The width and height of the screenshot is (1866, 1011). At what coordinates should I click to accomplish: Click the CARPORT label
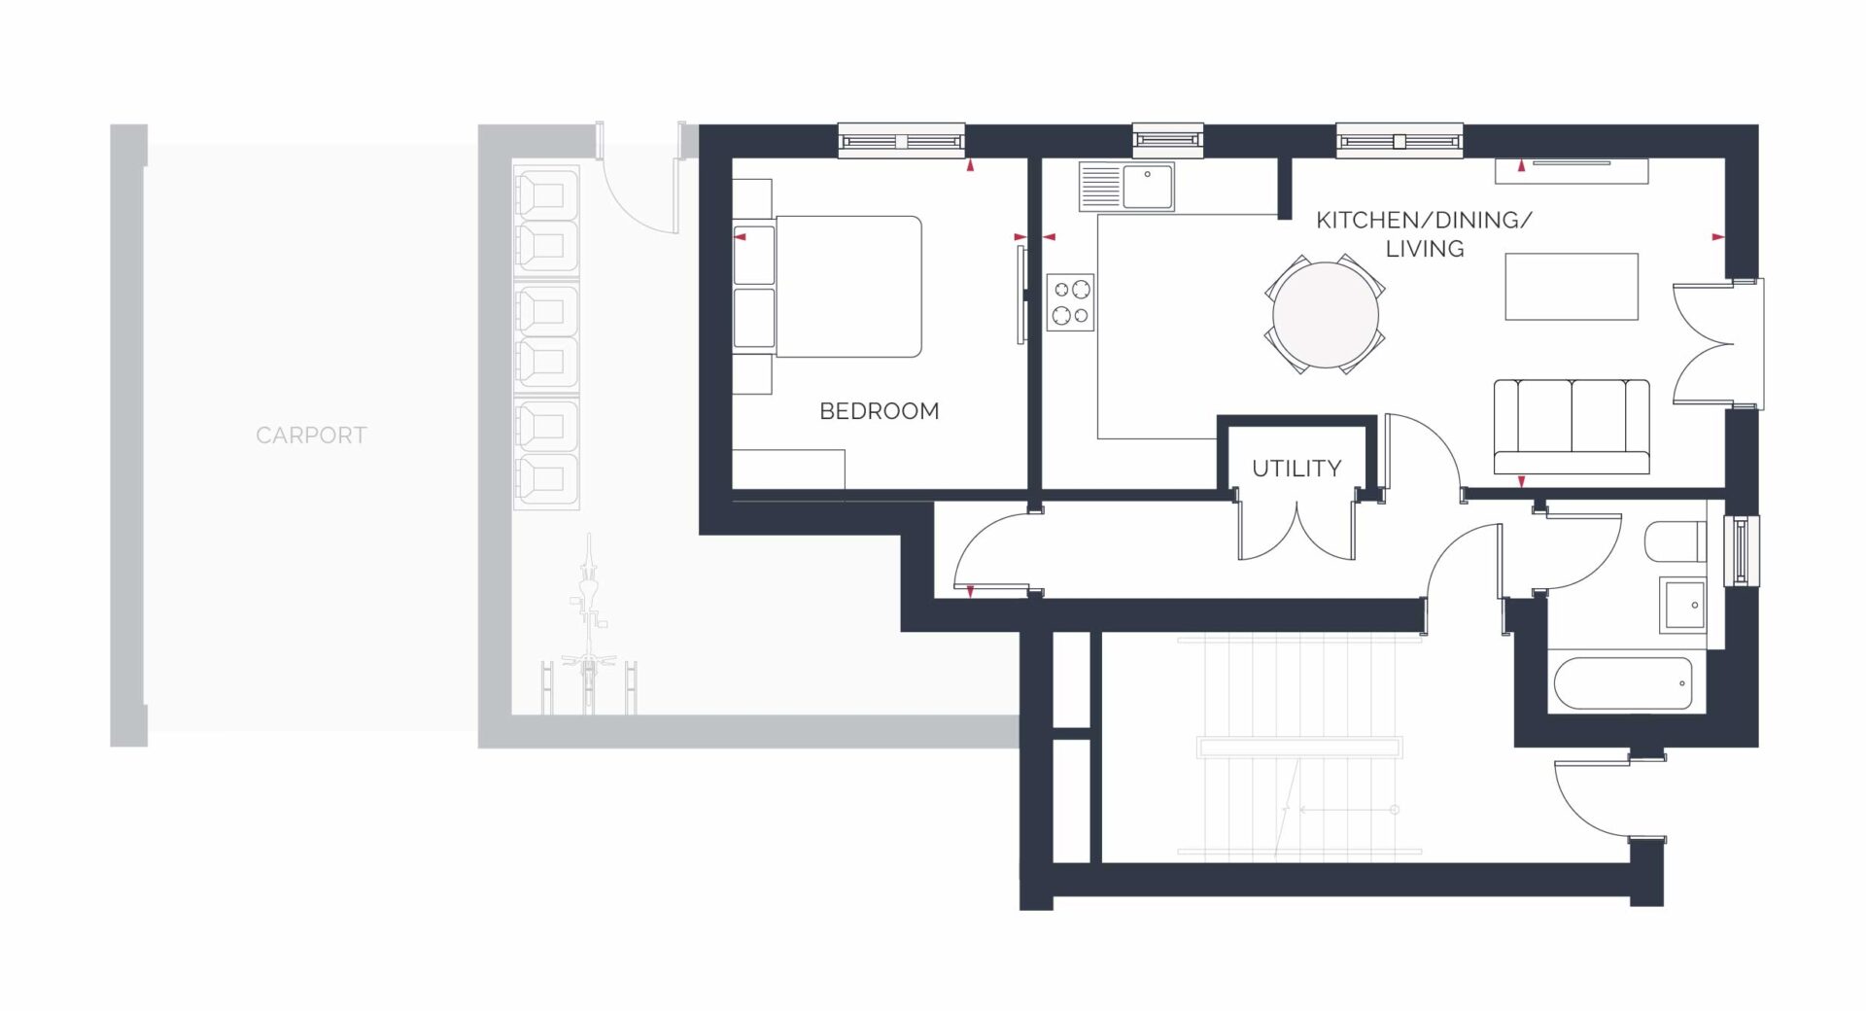pos(311,436)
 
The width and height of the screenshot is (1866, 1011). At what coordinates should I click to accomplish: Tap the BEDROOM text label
pos(880,411)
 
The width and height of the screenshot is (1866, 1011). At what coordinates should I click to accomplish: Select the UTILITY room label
pos(1296,469)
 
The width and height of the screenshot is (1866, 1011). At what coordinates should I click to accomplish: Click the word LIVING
pos(1425,249)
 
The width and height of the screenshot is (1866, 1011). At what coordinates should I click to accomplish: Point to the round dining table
pos(1326,314)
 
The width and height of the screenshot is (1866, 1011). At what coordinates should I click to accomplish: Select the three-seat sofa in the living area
pos(1572,427)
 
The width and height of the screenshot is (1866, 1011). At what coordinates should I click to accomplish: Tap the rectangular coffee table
pos(1572,287)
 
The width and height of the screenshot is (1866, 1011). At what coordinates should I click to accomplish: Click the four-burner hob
pos(1071,302)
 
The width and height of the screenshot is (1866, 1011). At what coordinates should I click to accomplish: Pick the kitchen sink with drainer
pos(1126,187)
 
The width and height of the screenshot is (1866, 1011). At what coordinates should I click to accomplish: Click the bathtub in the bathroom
pos(1623,684)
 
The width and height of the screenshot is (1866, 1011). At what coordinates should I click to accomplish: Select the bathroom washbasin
pos(1684,605)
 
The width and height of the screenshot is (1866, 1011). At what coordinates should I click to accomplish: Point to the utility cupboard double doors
pos(1296,530)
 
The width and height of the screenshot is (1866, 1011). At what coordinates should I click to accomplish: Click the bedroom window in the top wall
pos(901,141)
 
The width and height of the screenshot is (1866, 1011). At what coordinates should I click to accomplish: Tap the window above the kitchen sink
pos(1168,141)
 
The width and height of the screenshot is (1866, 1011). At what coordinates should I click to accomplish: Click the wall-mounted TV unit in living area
pos(1572,170)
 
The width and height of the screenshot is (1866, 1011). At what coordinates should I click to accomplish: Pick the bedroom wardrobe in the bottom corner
pos(788,469)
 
